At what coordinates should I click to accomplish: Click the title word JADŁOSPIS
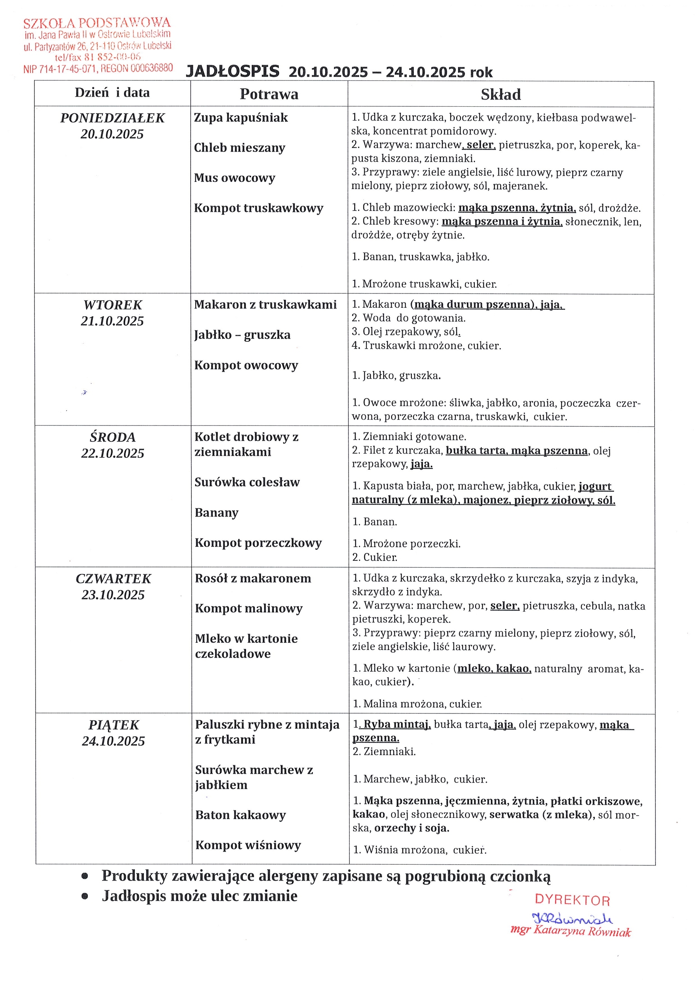[232, 72]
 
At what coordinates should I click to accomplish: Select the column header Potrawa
[269, 94]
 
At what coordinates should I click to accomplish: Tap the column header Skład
[501, 95]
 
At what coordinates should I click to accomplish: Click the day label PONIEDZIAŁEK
[112, 118]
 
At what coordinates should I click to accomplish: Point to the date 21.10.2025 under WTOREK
[112, 321]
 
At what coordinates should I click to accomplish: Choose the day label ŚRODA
[113, 437]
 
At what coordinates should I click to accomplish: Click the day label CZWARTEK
[114, 579]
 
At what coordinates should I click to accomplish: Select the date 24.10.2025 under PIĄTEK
[114, 741]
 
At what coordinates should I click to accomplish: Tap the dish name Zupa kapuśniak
[241, 118]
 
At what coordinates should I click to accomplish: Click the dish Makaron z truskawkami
[265, 305]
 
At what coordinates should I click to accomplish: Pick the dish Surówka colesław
[247, 482]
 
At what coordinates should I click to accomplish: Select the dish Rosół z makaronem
[253, 578]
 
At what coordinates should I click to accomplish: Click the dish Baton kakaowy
[241, 815]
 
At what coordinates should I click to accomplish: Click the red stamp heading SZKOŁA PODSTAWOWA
[97, 22]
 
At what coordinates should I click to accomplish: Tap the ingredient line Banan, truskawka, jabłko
[421, 257]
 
